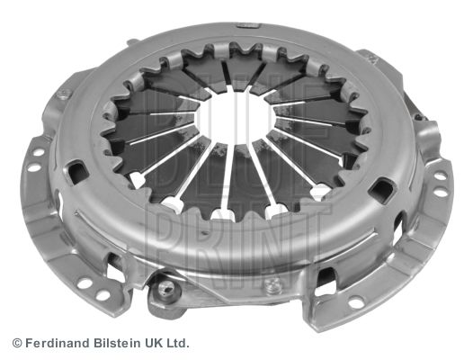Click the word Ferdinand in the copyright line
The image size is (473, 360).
coord(57,343)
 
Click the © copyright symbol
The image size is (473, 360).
coord(17,343)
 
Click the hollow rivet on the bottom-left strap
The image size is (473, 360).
coord(165,289)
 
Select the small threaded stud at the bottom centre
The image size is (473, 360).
coord(274,285)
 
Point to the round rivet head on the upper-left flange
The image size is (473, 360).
coord(63,94)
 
